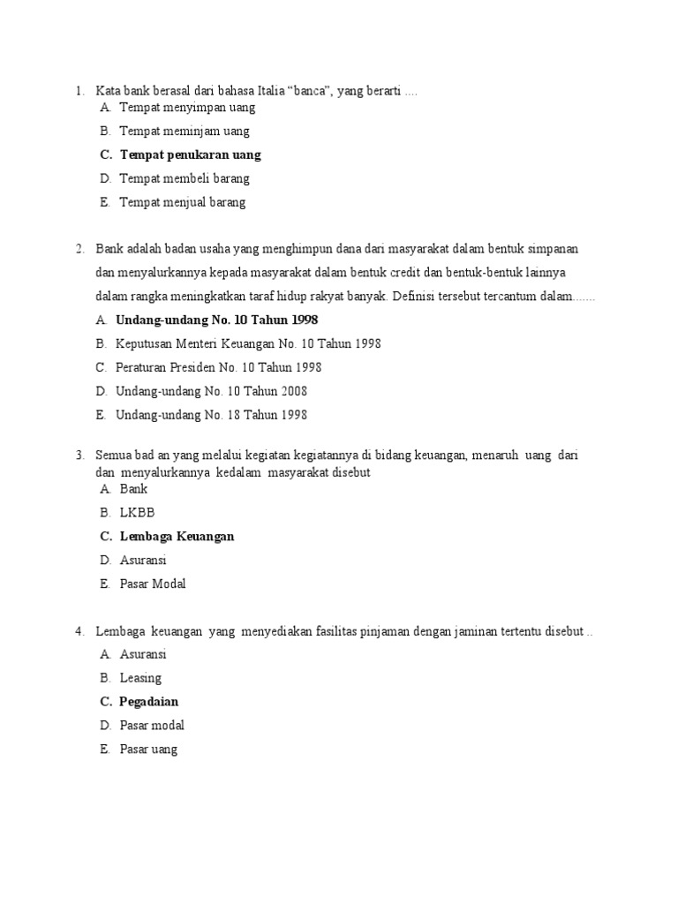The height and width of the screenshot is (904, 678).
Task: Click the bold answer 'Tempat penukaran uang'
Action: (x=190, y=154)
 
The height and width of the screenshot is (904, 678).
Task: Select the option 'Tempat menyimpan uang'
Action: (x=187, y=107)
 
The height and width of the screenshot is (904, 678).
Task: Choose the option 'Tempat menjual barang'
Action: (x=183, y=202)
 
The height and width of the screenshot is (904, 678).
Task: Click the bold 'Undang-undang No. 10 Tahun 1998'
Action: (x=216, y=320)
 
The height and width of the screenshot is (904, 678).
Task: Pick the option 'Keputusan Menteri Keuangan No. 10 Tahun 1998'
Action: (x=248, y=343)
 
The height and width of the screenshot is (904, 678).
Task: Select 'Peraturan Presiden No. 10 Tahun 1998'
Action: (x=218, y=367)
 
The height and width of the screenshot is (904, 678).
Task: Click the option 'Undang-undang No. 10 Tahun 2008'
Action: (x=211, y=391)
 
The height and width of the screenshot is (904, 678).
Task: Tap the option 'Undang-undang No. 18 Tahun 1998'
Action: (x=211, y=415)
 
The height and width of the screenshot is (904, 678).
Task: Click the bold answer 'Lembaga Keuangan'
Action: (x=177, y=536)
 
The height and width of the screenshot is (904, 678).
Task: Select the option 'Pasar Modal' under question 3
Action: (x=153, y=584)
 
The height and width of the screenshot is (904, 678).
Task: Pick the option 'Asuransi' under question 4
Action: (x=143, y=654)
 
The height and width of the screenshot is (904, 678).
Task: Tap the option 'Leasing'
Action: (x=140, y=678)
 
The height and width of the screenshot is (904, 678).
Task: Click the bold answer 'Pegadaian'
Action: (x=149, y=702)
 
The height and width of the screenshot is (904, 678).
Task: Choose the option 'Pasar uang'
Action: (x=148, y=750)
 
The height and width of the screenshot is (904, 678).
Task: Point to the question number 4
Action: (x=79, y=631)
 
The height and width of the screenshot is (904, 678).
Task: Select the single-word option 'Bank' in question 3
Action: (x=133, y=488)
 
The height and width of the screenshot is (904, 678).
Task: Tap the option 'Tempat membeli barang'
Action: (x=185, y=178)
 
